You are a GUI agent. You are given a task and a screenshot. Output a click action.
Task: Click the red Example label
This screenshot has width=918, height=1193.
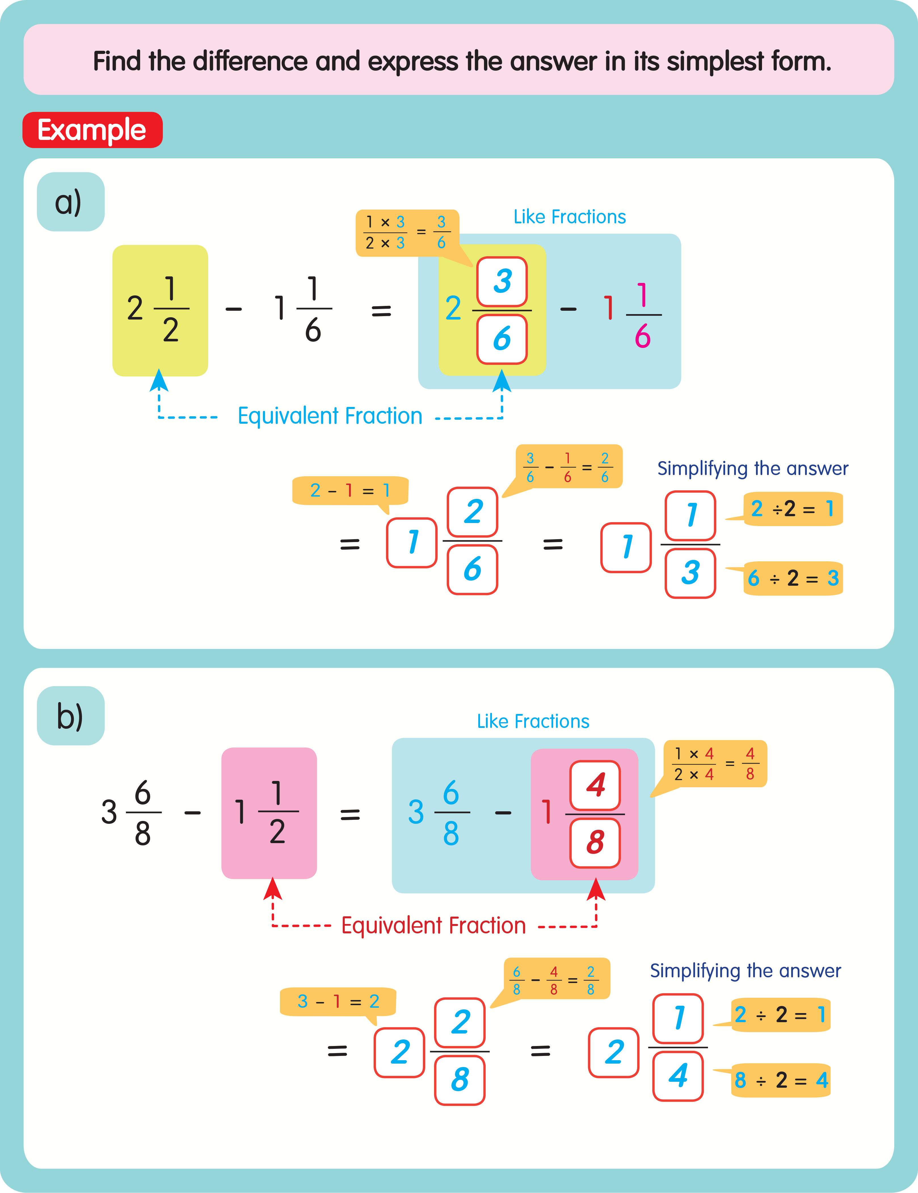92,130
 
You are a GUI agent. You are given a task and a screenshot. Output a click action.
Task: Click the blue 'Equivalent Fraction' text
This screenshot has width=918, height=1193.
330,416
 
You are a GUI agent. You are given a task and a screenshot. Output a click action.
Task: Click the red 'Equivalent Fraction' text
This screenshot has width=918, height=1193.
433,926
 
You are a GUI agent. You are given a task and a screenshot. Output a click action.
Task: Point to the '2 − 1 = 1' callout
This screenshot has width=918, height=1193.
349,491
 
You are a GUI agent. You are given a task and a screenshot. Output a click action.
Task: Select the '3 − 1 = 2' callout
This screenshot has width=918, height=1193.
338,1001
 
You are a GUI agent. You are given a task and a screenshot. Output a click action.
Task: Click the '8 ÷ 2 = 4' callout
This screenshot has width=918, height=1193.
781,1080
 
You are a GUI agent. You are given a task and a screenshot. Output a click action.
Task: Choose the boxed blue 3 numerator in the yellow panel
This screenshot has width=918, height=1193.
502,281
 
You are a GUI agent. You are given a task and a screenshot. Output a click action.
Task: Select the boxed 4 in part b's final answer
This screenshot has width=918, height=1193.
678,1076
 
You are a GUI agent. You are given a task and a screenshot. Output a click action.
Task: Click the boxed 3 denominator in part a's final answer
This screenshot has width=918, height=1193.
690,572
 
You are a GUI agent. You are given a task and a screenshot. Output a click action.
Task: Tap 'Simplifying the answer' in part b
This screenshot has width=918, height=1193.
745,971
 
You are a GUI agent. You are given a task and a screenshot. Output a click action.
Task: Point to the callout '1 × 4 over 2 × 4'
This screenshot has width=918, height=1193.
715,764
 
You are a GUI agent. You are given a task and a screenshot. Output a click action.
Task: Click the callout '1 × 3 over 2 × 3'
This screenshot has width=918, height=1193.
407,233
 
